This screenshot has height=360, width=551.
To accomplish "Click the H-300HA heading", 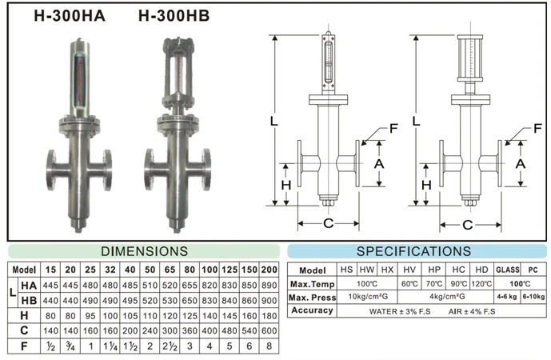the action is (x=70, y=16).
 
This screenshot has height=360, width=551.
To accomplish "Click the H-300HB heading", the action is (x=174, y=16).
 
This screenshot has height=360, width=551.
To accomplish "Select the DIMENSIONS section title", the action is (x=144, y=251).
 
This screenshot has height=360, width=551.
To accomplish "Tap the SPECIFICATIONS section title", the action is (x=413, y=251).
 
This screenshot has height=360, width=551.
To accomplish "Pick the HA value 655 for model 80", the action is (x=190, y=285).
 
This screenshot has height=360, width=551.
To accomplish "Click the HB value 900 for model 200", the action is (x=270, y=301).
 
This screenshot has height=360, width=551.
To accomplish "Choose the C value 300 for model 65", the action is (x=170, y=331).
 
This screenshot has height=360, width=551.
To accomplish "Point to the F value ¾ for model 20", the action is (x=70, y=346).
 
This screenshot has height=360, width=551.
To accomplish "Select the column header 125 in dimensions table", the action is (x=230, y=270).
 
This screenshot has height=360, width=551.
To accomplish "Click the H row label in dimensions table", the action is (x=24, y=316).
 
